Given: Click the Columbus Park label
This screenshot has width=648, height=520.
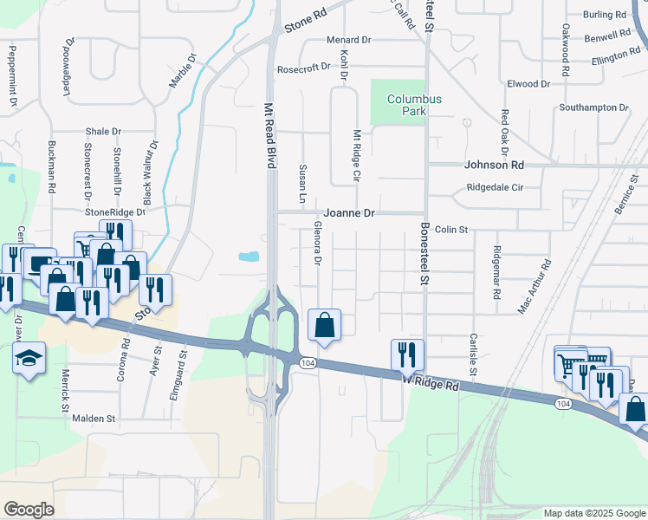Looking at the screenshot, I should (x=414, y=106).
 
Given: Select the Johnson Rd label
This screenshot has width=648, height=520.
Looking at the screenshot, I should (x=495, y=165).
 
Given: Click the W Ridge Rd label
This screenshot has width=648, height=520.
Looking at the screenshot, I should (x=431, y=381).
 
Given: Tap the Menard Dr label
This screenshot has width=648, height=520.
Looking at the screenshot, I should (x=348, y=41).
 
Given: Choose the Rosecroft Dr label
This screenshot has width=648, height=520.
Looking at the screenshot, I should (x=303, y=68).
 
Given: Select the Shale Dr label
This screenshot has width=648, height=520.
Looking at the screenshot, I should (x=103, y=132).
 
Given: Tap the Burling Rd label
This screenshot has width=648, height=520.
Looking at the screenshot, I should (x=604, y=15).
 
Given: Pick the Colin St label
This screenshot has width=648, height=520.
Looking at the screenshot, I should (x=451, y=230).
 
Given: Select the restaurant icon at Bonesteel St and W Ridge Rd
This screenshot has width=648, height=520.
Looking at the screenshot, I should (x=407, y=354).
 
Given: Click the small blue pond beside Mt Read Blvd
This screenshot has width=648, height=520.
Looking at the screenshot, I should (x=249, y=257).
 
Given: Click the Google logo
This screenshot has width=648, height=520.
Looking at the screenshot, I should (x=29, y=510).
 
